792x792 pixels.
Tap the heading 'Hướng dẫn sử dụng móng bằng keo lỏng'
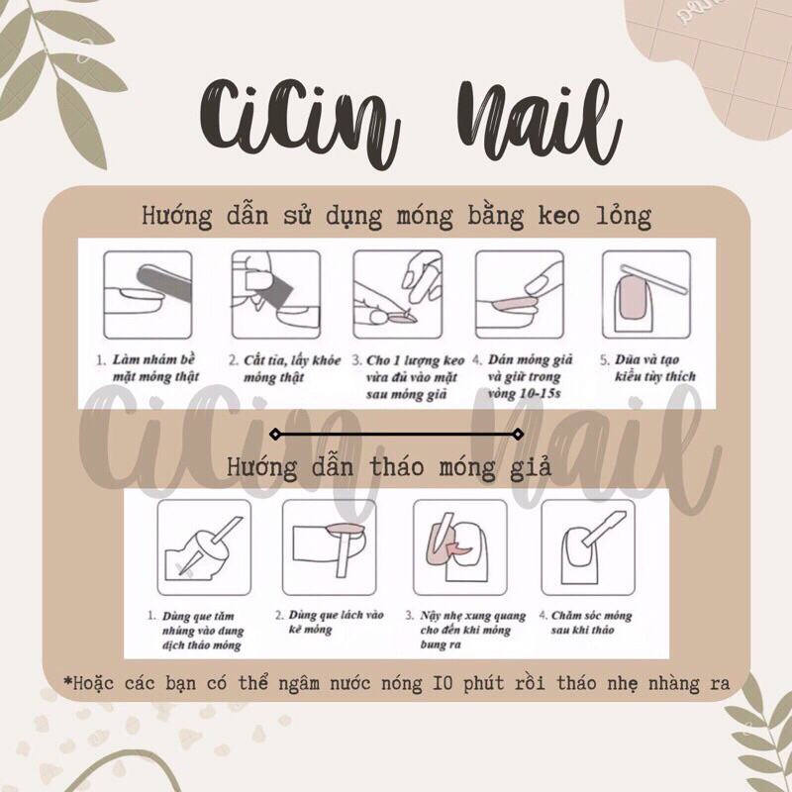[396, 215]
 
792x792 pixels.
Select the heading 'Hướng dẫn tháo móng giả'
[388, 464]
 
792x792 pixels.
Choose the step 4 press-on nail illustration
[518, 294]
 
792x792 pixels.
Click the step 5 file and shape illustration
[644, 294]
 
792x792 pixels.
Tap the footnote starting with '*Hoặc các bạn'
[396, 683]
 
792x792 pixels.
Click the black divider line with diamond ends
[396, 434]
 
